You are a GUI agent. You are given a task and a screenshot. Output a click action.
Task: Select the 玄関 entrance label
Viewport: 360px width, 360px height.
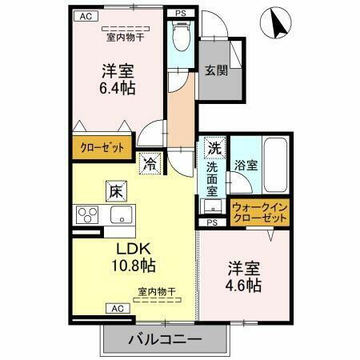215,70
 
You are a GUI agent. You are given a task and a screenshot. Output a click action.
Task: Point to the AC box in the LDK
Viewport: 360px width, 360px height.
116,308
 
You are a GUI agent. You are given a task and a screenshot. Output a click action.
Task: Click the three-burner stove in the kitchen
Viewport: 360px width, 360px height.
86,214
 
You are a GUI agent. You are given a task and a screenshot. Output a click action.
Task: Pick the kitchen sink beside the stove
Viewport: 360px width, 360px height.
122,214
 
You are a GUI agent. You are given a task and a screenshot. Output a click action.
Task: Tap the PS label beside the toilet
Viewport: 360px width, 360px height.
180,14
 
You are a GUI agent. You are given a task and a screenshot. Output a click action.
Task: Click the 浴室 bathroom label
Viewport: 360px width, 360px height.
246,166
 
